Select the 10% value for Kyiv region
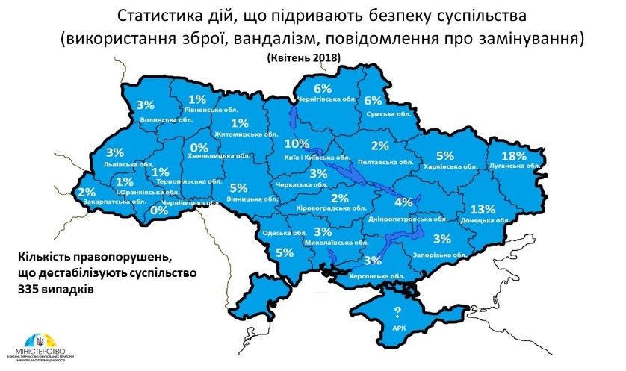pos(297,143)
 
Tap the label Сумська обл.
pos(388,113)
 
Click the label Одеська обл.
pos(279,233)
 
